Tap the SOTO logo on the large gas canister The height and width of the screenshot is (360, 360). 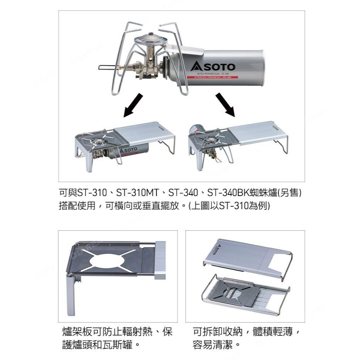[213, 66]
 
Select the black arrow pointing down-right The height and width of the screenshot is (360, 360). [226, 105]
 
